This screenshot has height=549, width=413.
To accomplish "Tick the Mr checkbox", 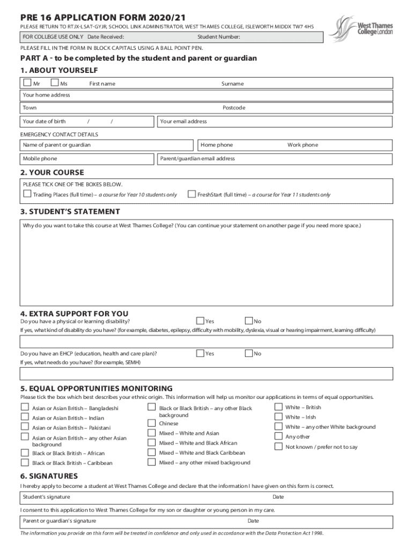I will click(27, 83).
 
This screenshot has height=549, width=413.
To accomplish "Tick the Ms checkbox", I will click(54, 83).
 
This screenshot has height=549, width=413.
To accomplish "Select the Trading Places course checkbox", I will click(27, 194).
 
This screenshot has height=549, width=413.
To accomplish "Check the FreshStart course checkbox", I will click(191, 194).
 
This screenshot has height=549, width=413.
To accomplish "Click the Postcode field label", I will click(233, 108).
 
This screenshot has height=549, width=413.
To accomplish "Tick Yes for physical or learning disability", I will click(200, 321).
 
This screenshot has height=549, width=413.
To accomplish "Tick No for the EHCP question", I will click(249, 353).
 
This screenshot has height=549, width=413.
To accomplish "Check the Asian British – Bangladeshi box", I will click(25, 407).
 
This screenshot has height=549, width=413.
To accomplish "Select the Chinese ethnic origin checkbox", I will click(151, 423).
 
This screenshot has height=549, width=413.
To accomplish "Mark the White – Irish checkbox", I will click(278, 417).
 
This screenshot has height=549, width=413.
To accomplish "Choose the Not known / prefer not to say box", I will click(278, 447).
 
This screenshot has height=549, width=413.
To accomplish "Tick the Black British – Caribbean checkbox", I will click(25, 462).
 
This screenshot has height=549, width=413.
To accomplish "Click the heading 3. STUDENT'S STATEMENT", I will click(70, 212).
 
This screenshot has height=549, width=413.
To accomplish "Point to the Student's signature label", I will click(46, 497).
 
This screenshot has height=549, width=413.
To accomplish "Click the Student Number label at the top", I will click(218, 37).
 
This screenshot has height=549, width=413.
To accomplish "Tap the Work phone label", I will click(303, 145).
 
